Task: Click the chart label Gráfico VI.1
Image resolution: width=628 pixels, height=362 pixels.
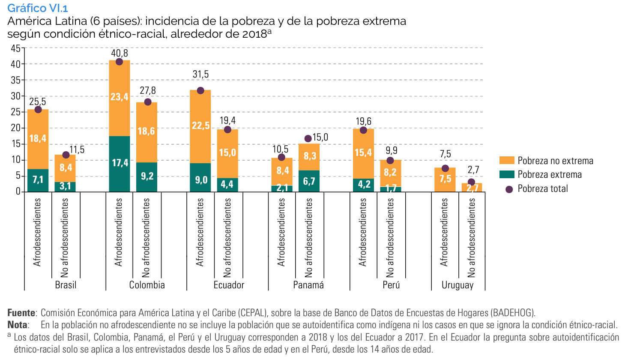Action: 37,8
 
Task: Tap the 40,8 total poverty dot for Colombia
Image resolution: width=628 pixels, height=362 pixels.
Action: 119,62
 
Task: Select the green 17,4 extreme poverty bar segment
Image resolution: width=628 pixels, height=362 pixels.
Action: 120,163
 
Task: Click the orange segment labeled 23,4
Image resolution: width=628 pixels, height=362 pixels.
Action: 120,97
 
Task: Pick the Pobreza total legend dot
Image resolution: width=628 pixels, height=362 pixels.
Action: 509,189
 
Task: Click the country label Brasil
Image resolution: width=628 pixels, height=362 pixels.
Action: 66,285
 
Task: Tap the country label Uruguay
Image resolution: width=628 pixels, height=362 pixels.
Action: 458,285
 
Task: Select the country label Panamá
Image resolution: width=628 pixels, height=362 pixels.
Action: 308,285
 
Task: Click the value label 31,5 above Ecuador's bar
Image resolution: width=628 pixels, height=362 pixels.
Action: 200,75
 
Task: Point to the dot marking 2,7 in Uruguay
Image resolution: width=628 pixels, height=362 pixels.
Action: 471,182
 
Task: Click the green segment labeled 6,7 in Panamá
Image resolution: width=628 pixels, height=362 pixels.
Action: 309,181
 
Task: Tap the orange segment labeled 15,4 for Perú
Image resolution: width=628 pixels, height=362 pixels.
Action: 363,153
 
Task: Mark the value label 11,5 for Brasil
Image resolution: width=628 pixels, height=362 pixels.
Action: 77,150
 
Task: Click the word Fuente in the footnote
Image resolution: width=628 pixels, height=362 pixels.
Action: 21,313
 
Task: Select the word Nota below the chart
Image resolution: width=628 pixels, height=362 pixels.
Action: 18,325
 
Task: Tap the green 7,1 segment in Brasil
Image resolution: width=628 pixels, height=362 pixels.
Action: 38,180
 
